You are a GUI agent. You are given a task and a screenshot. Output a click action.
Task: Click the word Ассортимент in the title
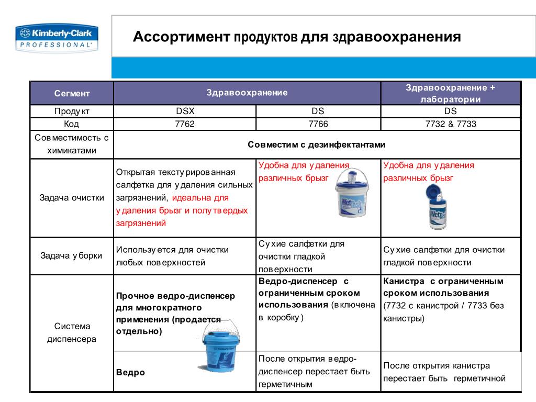(181, 37)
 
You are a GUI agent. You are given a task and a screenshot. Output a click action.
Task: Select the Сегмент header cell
(72, 93)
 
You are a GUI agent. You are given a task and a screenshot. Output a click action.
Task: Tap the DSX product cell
(185, 111)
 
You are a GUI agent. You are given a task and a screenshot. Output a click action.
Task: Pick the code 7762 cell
(185, 124)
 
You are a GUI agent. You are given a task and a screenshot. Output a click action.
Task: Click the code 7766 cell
(318, 124)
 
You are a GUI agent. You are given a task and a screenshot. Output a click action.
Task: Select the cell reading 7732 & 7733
(450, 124)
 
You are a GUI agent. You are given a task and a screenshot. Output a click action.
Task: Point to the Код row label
(72, 124)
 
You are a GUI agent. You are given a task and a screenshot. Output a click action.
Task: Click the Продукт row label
(72, 111)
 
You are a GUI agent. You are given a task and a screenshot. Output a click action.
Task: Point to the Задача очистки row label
(72, 198)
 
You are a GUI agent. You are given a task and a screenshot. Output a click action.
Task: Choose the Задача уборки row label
(72, 255)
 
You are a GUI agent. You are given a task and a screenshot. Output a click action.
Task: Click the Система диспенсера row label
(72, 332)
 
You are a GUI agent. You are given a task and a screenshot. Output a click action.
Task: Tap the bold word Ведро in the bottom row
(130, 373)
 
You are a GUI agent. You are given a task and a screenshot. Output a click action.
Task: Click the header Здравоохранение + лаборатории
(450, 93)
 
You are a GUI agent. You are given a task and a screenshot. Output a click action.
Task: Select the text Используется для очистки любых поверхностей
(172, 256)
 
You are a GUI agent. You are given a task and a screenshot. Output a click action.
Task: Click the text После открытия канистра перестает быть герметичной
(444, 372)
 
